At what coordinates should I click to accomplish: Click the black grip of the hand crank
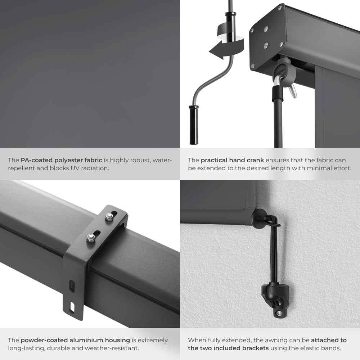pyautogui.click(x=194, y=125)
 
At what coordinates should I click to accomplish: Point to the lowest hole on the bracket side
pyautogui.click(x=72, y=307)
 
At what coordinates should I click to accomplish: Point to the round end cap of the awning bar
pyautogui.click(x=258, y=217)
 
